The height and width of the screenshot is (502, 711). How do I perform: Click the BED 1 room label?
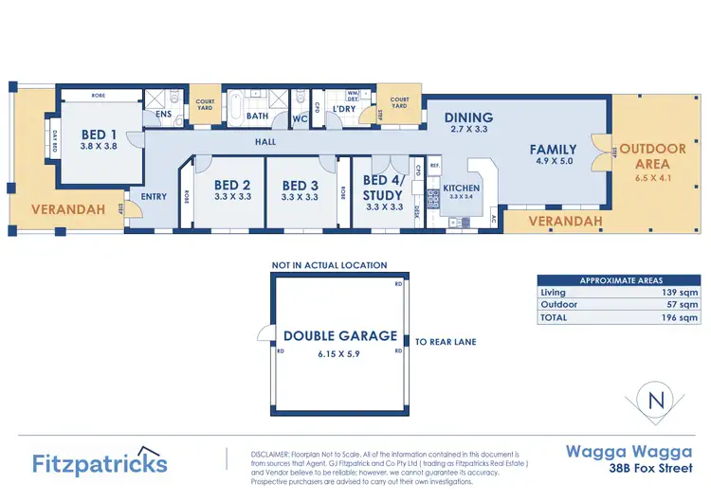pyautogui.click(x=99, y=134)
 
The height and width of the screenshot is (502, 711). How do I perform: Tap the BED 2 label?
pyautogui.click(x=232, y=185)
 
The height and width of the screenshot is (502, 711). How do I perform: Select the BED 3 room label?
pyautogui.click(x=301, y=185)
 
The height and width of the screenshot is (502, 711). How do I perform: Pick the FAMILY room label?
pyautogui.click(x=554, y=149)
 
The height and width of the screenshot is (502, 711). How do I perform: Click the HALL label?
pyautogui.click(x=265, y=142)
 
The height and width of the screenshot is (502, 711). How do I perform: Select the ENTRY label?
pyautogui.click(x=154, y=197)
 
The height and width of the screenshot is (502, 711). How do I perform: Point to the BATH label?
pyautogui.click(x=258, y=117)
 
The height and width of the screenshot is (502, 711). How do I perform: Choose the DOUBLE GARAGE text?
pyautogui.click(x=340, y=335)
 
